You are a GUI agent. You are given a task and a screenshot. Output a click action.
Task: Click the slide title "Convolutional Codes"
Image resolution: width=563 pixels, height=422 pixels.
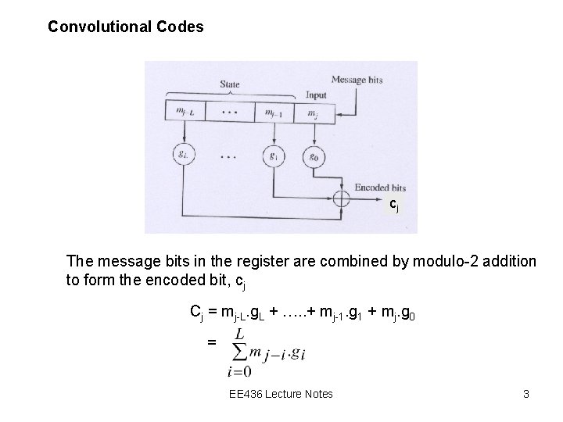coord(125,27)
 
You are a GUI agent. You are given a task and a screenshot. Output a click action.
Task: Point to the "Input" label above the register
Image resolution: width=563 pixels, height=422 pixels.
coord(316,95)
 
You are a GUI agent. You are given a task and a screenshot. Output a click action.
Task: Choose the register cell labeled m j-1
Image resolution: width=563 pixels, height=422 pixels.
coord(274,113)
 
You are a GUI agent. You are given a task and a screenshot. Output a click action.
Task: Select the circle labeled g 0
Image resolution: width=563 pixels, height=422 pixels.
coord(314,154)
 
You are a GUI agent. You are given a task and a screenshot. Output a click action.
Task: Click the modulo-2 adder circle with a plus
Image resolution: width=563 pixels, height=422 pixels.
coord(341,198)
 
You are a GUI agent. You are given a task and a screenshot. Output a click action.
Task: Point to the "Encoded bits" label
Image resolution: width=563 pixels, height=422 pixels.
coord(380,188)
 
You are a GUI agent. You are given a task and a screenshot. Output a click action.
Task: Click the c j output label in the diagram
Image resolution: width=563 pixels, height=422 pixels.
coord(395,205)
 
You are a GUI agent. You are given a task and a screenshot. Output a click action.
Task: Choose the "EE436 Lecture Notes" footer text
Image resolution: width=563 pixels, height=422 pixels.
coord(281,393)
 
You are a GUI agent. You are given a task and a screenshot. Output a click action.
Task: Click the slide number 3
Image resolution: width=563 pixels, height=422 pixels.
coord(526,393)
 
